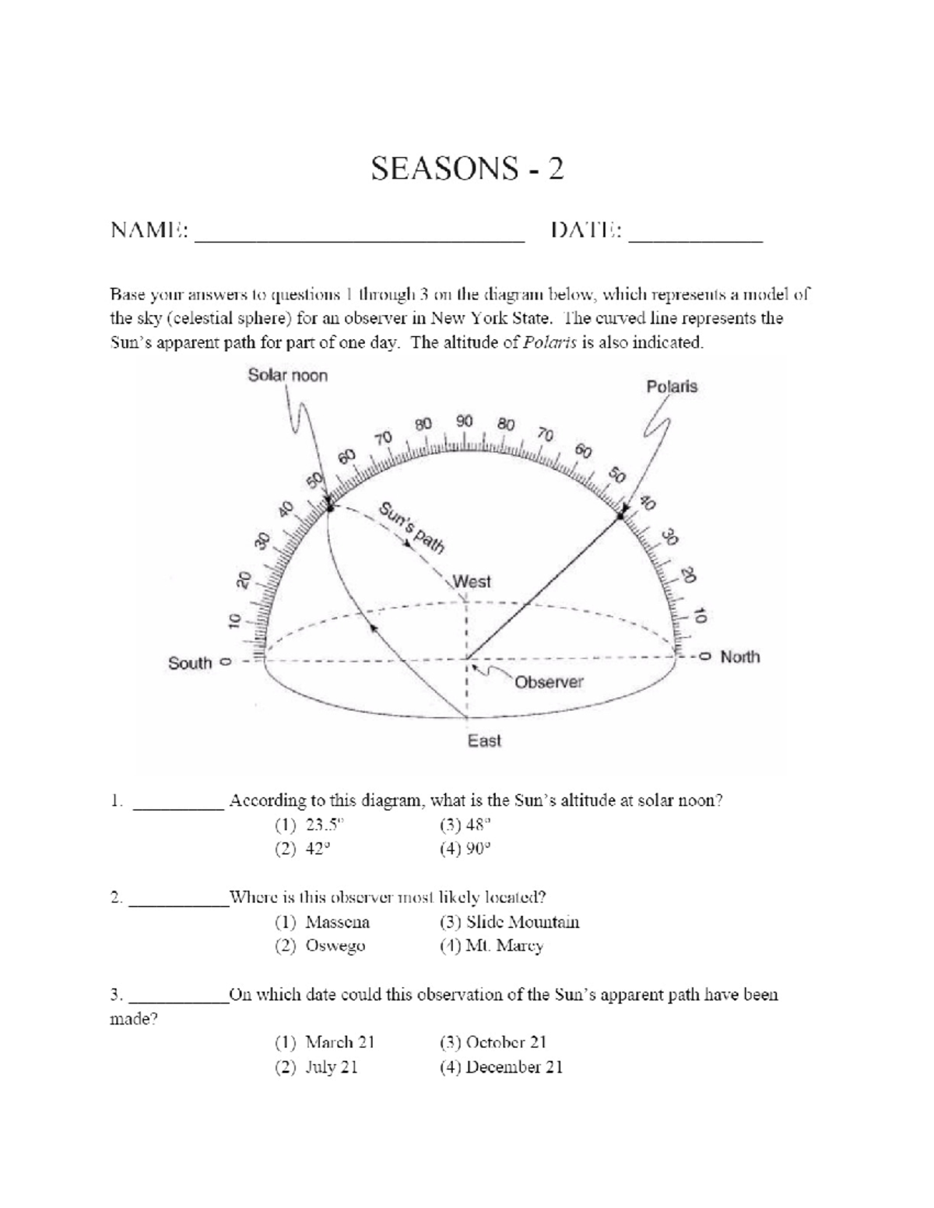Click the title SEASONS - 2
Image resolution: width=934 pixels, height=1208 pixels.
pos(467,168)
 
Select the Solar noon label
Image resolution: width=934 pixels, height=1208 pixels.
pos(288,376)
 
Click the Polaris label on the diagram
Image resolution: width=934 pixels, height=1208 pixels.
pos(672,387)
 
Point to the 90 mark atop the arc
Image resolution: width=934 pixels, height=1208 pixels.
pos(465,422)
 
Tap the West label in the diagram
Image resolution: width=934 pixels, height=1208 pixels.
pos(472,582)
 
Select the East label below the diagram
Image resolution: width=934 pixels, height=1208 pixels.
pos(484,741)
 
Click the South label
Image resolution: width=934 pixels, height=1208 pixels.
pos(190,664)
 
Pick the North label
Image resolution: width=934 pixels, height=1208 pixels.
pos(739,657)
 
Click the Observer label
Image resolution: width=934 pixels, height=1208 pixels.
pos(549,682)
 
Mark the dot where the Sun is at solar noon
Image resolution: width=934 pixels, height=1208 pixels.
pos(330,507)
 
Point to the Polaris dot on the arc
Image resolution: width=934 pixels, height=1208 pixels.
pos(621,516)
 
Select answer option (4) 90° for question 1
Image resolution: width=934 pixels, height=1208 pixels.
pos(465,849)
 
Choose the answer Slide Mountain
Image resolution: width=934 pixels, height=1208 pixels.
pos(510,923)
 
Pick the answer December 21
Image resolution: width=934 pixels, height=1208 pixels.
pos(501,1067)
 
